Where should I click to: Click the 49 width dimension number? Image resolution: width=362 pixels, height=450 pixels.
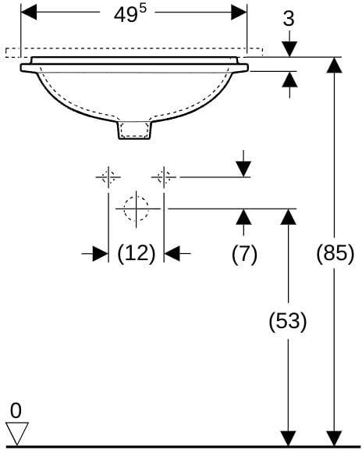pyautogui.click(x=126, y=15)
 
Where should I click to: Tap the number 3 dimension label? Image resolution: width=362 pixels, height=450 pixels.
pyautogui.click(x=289, y=19)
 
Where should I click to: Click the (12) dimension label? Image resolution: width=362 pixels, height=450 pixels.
pyautogui.click(x=137, y=254)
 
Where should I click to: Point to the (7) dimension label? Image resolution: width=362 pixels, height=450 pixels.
pyautogui.click(x=244, y=255)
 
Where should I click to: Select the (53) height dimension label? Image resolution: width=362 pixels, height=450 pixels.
pyautogui.click(x=288, y=321)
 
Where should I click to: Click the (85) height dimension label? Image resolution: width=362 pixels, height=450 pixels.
pyautogui.click(x=335, y=254)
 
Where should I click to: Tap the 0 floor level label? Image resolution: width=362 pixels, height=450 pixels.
pyautogui.click(x=16, y=410)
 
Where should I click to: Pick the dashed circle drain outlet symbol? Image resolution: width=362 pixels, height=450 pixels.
pyautogui.click(x=137, y=209)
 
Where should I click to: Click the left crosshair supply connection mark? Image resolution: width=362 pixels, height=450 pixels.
pyautogui.click(x=108, y=177)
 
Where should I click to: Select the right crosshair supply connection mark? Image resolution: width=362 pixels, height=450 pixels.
pyautogui.click(x=164, y=177)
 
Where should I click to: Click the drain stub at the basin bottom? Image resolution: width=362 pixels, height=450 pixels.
pyautogui.click(x=135, y=130)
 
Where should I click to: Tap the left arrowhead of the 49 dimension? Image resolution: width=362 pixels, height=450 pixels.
pyautogui.click(x=29, y=12)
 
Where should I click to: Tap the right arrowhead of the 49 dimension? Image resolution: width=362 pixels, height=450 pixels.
pyautogui.click(x=239, y=12)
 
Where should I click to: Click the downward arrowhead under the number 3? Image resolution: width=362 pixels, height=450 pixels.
pyautogui.click(x=289, y=49)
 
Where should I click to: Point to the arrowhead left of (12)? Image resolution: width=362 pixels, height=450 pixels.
pyautogui.click(x=101, y=254)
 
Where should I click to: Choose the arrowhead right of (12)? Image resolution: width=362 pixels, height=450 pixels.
pyautogui.click(x=172, y=254)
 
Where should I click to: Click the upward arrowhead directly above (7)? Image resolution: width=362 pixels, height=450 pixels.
pyautogui.click(x=243, y=217)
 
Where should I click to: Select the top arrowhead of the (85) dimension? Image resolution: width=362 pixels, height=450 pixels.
pyautogui.click(x=335, y=65)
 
